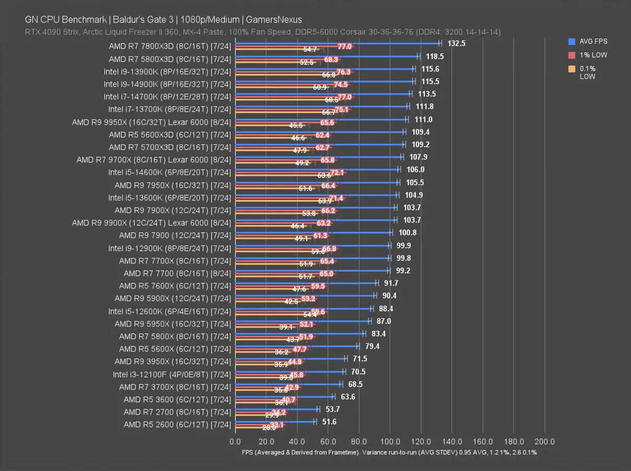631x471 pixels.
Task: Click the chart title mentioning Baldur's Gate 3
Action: coord(163,20)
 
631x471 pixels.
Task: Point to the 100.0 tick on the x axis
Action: coord(390,441)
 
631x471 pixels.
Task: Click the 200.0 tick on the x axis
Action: coord(545,441)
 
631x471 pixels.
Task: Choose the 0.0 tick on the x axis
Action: coord(235,441)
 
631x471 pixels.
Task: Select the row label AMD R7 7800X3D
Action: coord(170,46)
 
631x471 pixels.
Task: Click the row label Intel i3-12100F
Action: coord(172,375)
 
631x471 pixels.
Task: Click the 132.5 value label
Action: coord(456,43)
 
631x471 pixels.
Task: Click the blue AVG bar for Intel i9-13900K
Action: coord(324,68)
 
